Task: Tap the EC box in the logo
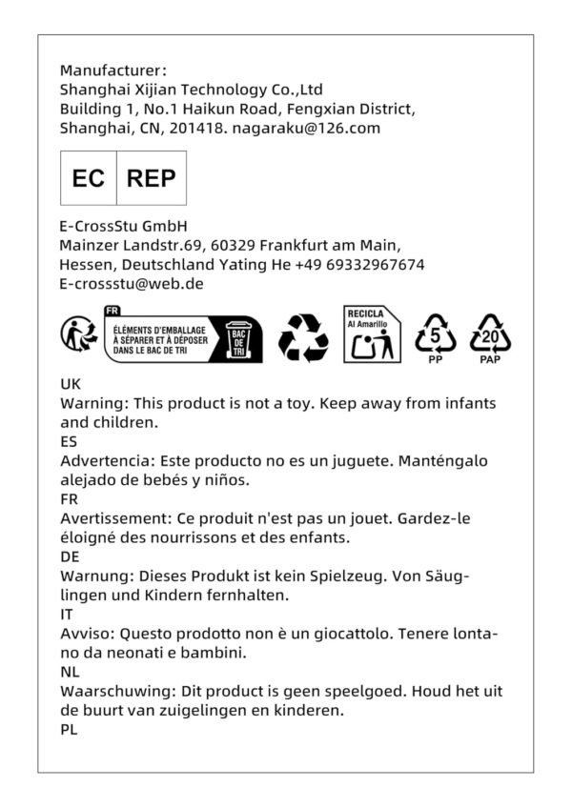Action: (x=89, y=178)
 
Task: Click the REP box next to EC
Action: (x=151, y=178)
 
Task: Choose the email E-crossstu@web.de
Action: (x=131, y=283)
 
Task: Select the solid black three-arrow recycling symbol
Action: (x=303, y=338)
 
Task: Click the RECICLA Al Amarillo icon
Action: (x=372, y=334)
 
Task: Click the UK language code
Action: (x=71, y=384)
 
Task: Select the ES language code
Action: (x=69, y=441)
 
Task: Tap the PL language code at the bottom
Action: (x=69, y=729)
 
